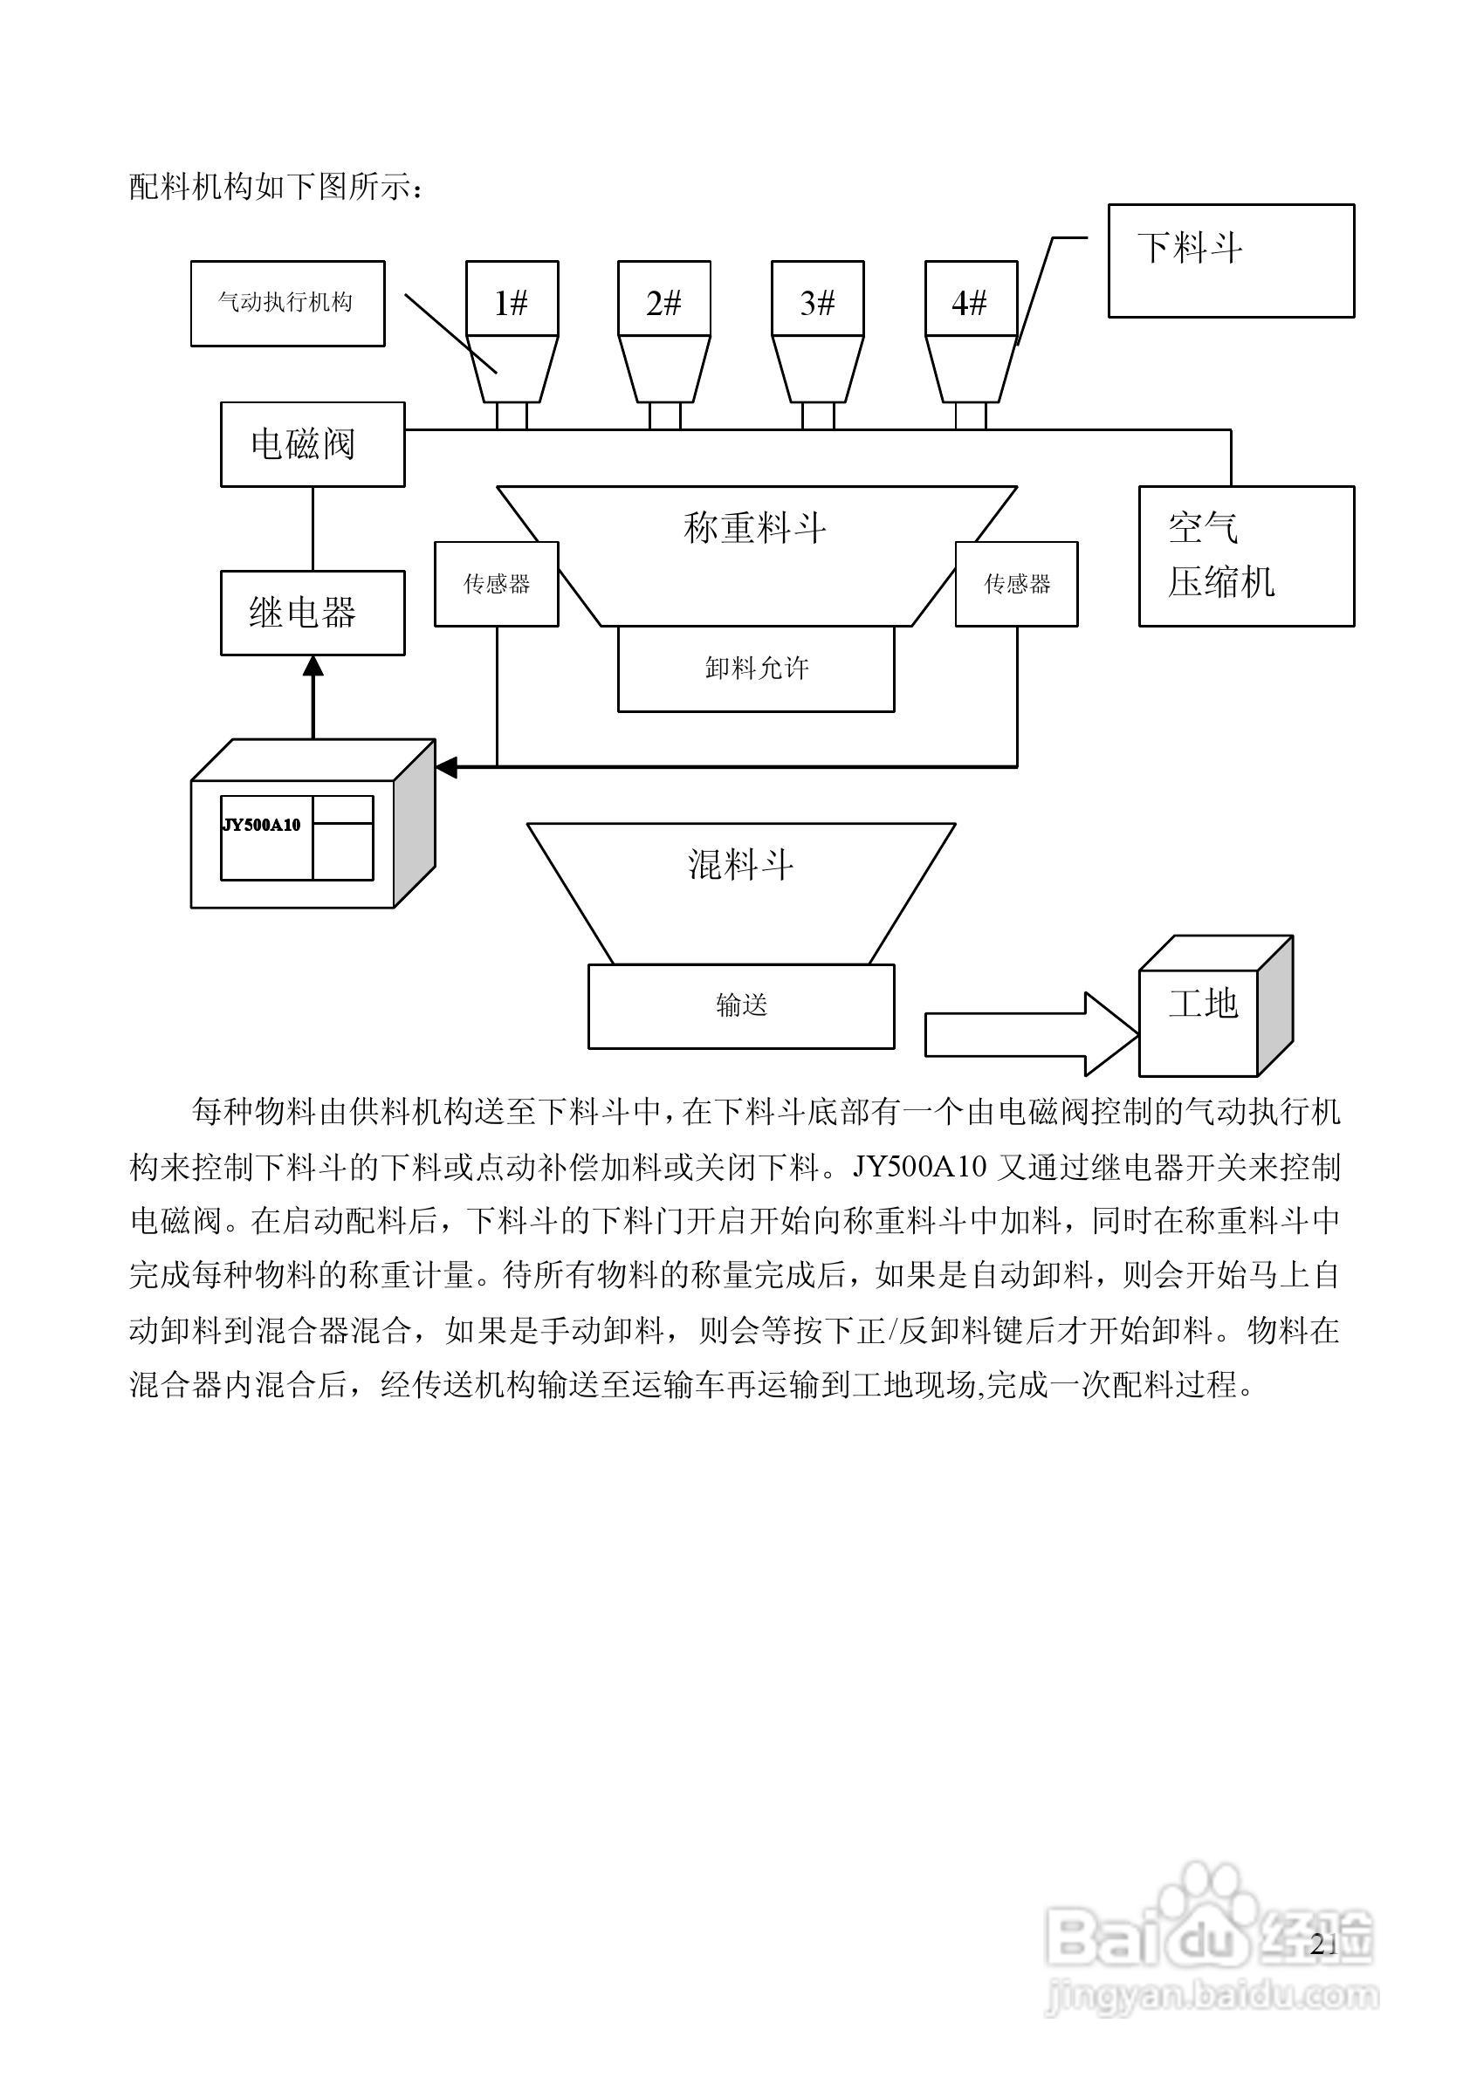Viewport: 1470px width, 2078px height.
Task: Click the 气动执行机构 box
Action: coord(287,303)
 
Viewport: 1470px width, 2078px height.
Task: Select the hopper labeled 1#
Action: coord(512,332)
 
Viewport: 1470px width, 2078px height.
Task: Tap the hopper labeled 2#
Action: coord(663,332)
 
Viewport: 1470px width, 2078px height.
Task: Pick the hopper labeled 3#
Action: coord(816,332)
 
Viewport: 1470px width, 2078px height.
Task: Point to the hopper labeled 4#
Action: coord(970,332)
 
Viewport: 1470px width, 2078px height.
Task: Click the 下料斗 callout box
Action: coord(1230,261)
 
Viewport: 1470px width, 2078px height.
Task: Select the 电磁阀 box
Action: coord(313,444)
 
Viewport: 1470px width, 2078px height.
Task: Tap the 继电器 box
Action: coord(313,613)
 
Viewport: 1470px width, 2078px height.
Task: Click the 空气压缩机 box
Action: coord(1246,556)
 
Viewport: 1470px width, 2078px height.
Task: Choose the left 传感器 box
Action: coord(496,584)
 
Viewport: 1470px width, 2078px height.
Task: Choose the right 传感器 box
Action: coord(1016,584)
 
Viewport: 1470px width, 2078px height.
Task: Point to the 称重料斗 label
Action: coord(755,528)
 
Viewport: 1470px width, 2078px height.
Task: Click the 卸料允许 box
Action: coord(756,668)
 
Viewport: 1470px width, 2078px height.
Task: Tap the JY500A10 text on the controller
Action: coord(262,825)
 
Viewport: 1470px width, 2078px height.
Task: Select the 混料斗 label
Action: coord(740,864)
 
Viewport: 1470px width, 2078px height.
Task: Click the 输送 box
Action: coord(741,1005)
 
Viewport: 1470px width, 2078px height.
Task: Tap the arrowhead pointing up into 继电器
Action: coord(313,666)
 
